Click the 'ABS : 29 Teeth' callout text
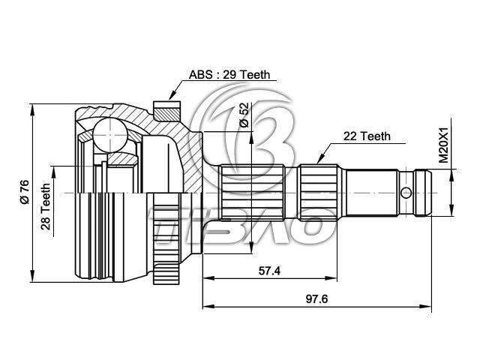pyautogui.click(x=229, y=75)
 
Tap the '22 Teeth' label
pyautogui.click(x=367, y=136)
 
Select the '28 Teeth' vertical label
pyautogui.click(x=46, y=206)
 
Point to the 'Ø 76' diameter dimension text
pyautogui.click(x=24, y=192)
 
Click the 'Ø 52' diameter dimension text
pyautogui.click(x=244, y=115)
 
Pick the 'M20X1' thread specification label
pyautogui.click(x=443, y=145)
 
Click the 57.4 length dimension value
pyautogui.click(x=269, y=271)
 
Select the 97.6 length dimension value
pyautogui.click(x=316, y=298)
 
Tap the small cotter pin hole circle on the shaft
pyautogui.click(x=406, y=193)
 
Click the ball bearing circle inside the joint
pyautogui.click(x=109, y=135)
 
